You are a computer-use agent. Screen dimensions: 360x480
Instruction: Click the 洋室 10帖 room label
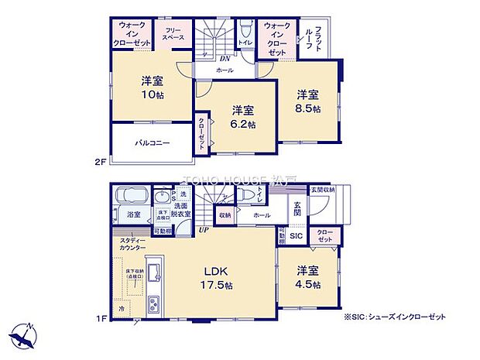(x=150, y=87)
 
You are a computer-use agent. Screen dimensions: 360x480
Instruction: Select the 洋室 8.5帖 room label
(x=308, y=101)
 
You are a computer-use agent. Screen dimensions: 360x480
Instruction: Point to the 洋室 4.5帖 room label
(x=308, y=278)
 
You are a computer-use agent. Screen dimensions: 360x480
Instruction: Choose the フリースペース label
(x=173, y=34)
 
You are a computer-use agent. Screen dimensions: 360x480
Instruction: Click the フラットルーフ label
(x=324, y=36)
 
